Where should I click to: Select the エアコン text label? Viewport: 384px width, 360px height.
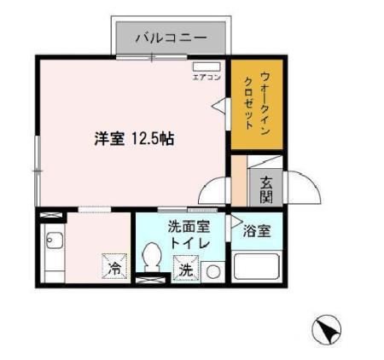point(207,78)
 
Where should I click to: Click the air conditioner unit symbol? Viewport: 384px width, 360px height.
point(207,67)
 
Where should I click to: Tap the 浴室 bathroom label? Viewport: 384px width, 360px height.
point(257,230)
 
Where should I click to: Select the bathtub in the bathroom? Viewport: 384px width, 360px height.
point(259,266)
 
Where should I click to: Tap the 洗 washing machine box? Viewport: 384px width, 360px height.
point(185,270)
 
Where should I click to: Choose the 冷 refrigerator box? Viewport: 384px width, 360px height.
point(113,267)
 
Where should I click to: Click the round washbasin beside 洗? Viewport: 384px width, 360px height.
point(212,270)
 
